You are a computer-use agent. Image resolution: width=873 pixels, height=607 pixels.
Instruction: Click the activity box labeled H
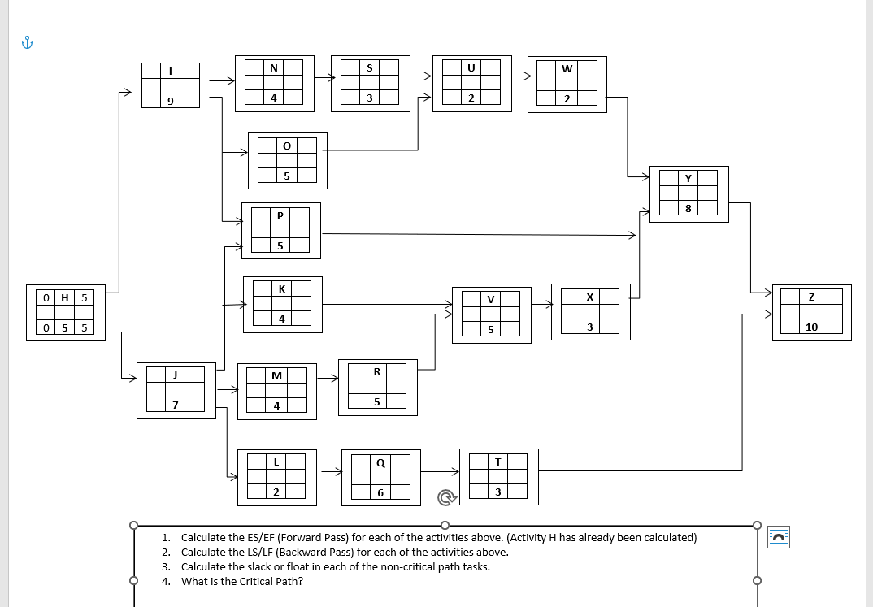(x=65, y=313)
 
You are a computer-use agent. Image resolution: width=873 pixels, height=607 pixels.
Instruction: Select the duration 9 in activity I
(x=170, y=101)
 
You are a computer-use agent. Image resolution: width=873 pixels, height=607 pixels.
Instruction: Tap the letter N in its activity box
(x=274, y=68)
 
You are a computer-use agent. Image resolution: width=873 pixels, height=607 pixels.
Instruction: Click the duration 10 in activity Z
(x=811, y=327)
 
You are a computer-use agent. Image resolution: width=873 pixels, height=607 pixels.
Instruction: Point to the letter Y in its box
(x=688, y=178)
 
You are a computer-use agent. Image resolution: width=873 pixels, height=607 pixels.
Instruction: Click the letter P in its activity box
(x=280, y=215)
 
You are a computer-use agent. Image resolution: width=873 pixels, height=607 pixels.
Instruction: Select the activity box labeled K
(x=282, y=304)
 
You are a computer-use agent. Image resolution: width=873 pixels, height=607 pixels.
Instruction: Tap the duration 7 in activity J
(x=175, y=405)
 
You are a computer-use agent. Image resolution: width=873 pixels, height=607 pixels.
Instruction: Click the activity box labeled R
(x=377, y=387)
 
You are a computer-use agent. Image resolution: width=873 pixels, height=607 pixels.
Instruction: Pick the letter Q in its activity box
(x=380, y=463)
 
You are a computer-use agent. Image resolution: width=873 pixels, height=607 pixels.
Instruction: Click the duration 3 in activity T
(x=498, y=492)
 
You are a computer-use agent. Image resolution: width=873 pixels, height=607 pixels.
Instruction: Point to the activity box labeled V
(x=491, y=314)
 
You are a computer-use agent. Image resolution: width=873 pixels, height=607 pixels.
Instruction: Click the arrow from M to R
(x=328, y=378)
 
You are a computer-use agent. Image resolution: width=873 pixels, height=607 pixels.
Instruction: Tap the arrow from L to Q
(x=331, y=470)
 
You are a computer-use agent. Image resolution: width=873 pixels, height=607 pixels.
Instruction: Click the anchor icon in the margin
(x=28, y=43)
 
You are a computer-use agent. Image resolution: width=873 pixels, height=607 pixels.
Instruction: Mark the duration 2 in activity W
(x=567, y=99)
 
